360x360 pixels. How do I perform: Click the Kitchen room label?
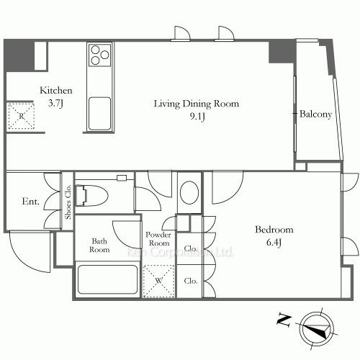(x=55, y=91)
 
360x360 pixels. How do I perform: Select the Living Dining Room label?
(x=196, y=104)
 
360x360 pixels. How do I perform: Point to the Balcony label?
(x=315, y=114)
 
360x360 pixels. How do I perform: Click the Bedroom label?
(x=274, y=230)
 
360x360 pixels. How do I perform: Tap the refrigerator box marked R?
(x=22, y=116)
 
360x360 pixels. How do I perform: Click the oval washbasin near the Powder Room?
(x=189, y=193)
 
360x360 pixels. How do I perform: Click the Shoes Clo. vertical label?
(x=68, y=201)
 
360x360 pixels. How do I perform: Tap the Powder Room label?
(x=158, y=239)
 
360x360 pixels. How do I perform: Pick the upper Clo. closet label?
(x=191, y=248)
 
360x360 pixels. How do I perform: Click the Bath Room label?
(x=99, y=246)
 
